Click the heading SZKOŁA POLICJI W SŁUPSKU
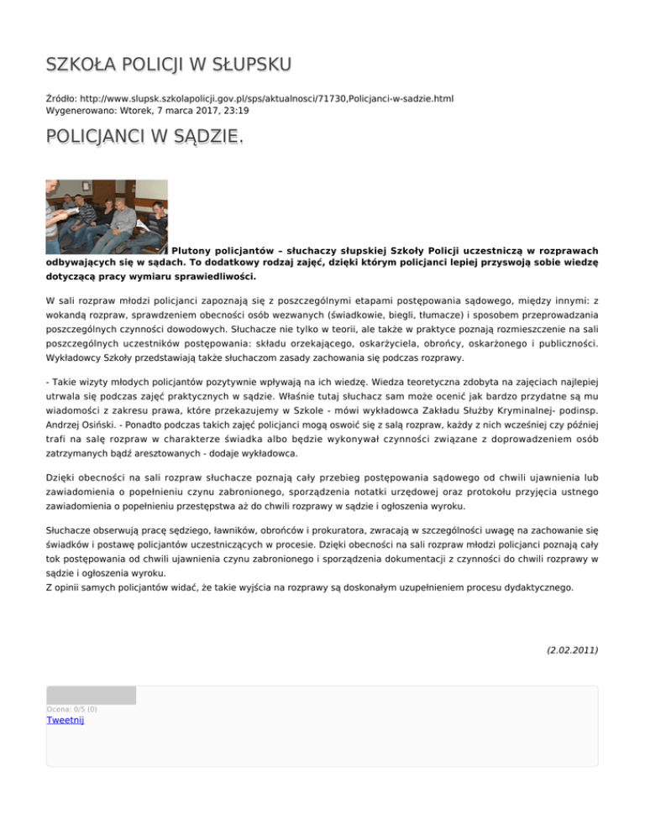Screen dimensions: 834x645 169,65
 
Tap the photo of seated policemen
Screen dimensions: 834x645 107,216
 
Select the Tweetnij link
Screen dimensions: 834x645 66,720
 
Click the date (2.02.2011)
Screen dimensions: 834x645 572,649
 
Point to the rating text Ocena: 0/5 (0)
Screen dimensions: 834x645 71,709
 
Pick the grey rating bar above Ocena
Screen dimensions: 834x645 91,695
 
